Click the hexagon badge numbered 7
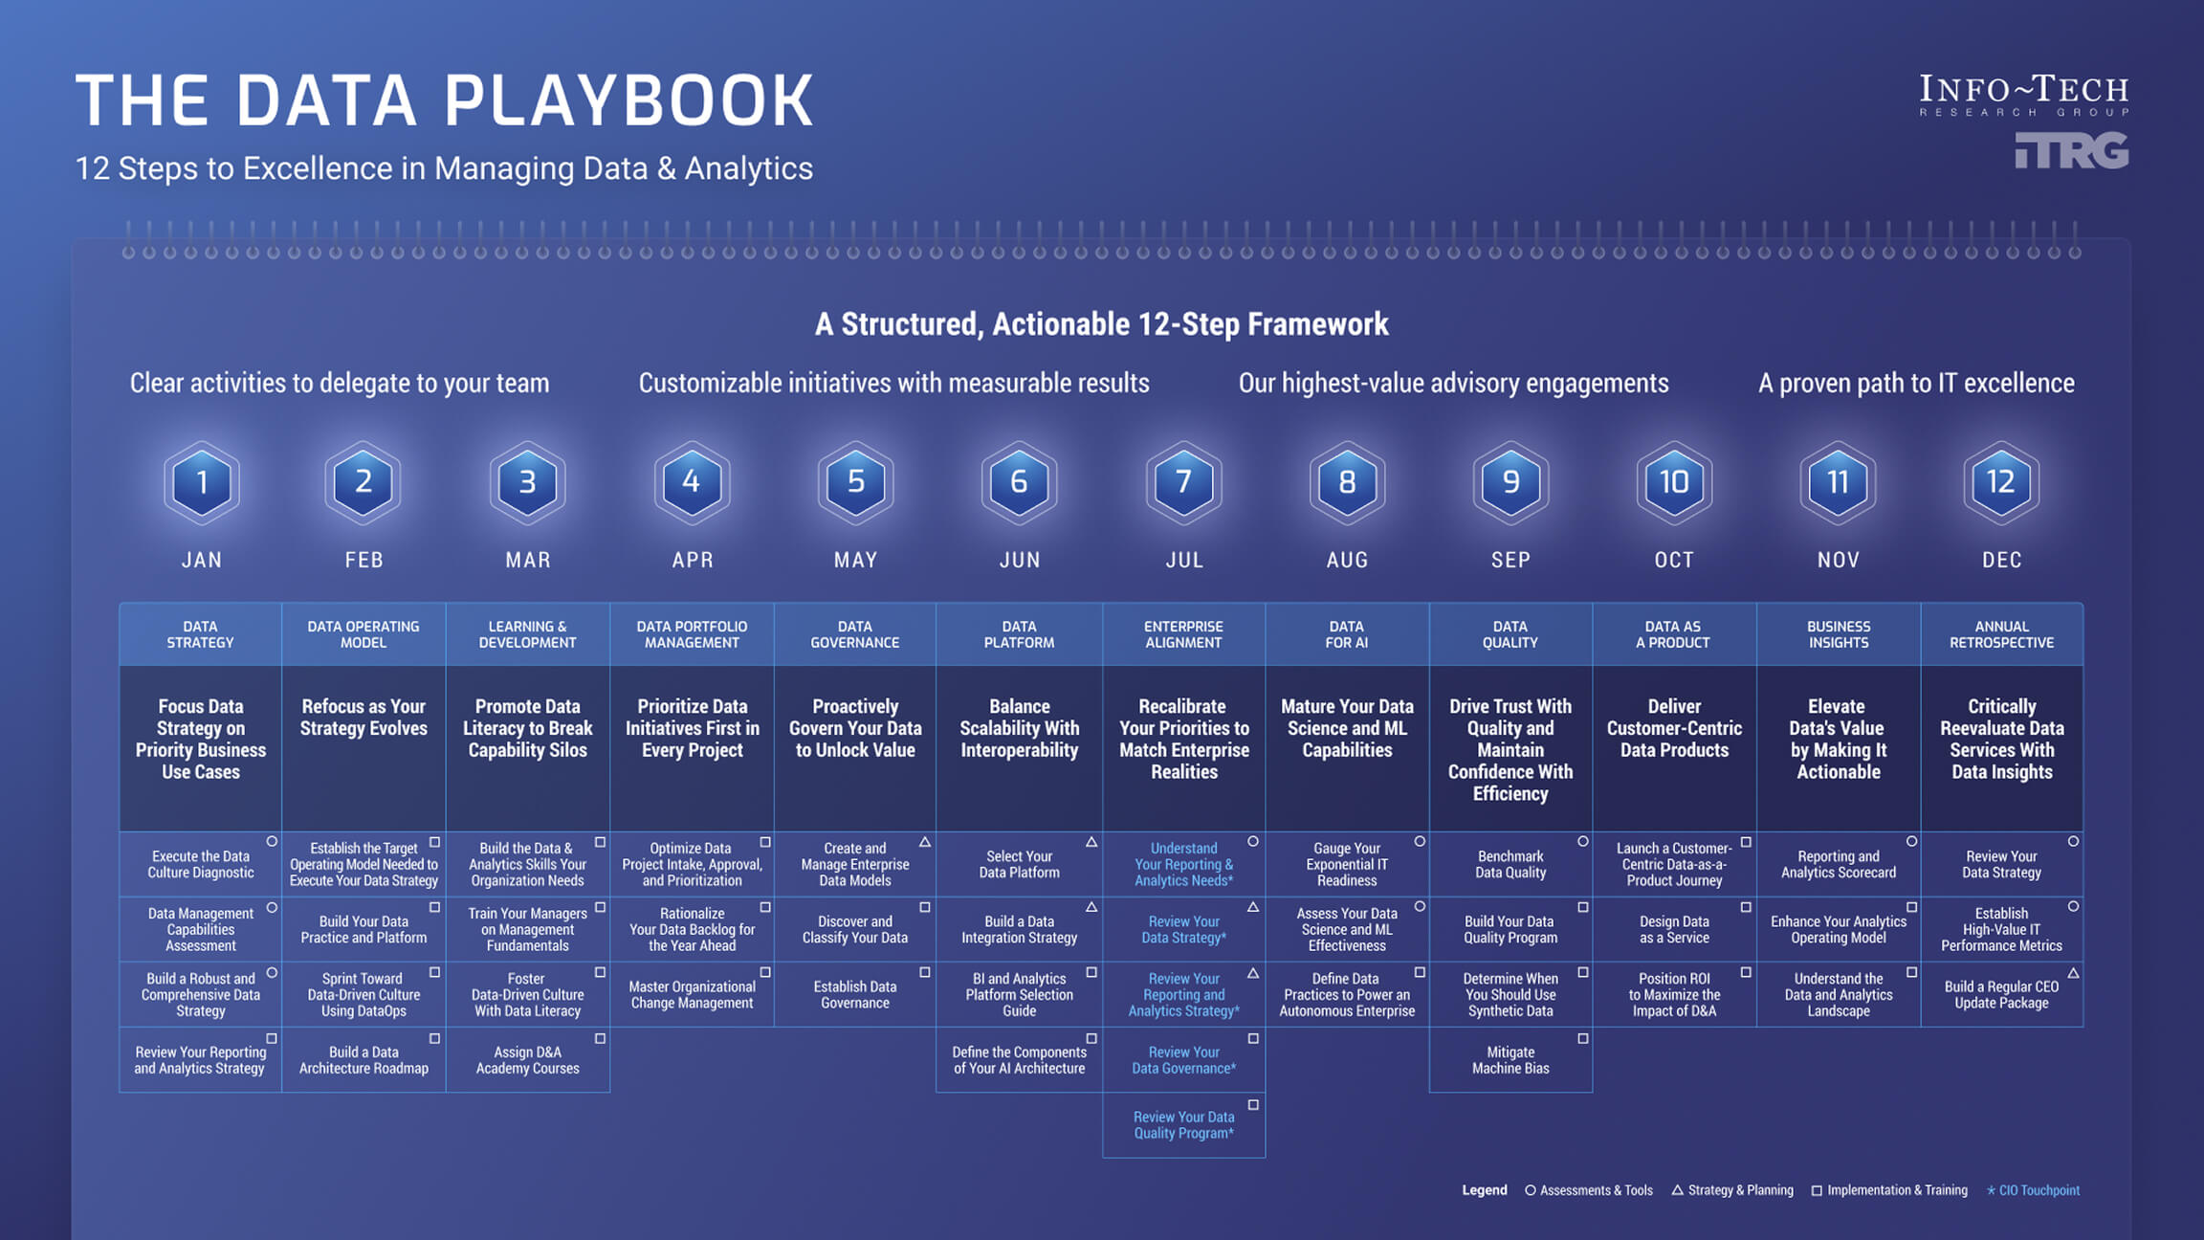[x=1183, y=482]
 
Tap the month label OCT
[x=1674, y=560]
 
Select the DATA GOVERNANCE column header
[x=855, y=634]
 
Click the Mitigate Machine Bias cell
[x=1510, y=1060]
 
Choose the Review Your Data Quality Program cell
[x=1183, y=1125]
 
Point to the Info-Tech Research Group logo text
[x=2023, y=96]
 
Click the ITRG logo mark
[x=2071, y=151]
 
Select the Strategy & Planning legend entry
[x=1732, y=1190]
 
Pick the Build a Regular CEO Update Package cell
[x=2001, y=995]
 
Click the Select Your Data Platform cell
[x=1019, y=865]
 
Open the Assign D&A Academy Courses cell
[x=527, y=1060]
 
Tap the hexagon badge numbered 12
[x=2001, y=482]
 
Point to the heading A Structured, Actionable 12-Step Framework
[x=1101, y=324]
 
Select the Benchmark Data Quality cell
[x=1510, y=865]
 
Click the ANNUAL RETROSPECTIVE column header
[x=2001, y=634]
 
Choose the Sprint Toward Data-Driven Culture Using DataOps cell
[x=364, y=995]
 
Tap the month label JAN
[x=202, y=560]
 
